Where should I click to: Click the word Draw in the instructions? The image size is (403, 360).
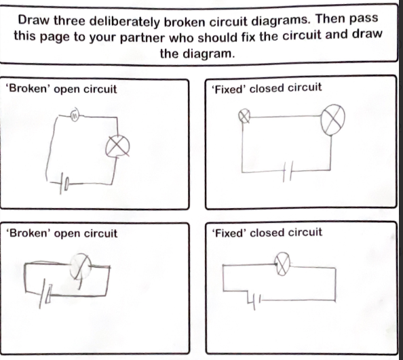(33, 20)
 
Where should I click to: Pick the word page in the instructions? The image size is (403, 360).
(56, 37)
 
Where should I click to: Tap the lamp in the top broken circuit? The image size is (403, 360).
(117, 146)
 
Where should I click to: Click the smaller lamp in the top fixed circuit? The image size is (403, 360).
(244, 117)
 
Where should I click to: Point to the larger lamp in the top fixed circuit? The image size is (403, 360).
(333, 119)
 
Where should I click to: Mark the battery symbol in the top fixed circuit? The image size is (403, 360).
(287, 172)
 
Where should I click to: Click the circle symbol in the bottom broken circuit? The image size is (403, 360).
(81, 266)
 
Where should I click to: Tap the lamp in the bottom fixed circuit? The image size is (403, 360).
(282, 264)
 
